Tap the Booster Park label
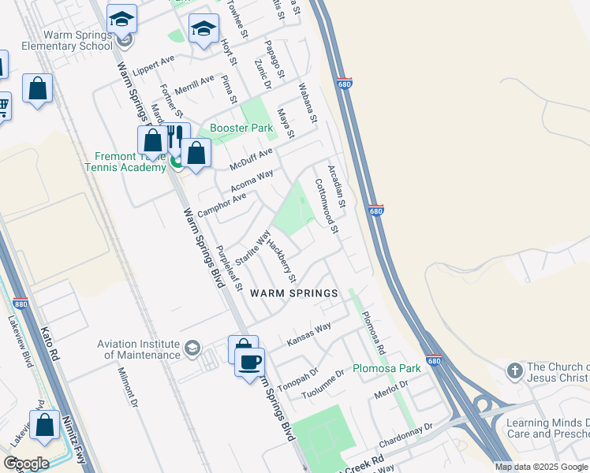(x=241, y=128)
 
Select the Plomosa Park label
(x=386, y=368)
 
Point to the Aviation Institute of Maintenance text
(x=139, y=349)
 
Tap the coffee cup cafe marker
(x=250, y=362)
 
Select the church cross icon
(x=514, y=370)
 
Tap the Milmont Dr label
(x=128, y=387)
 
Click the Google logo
(x=26, y=464)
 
